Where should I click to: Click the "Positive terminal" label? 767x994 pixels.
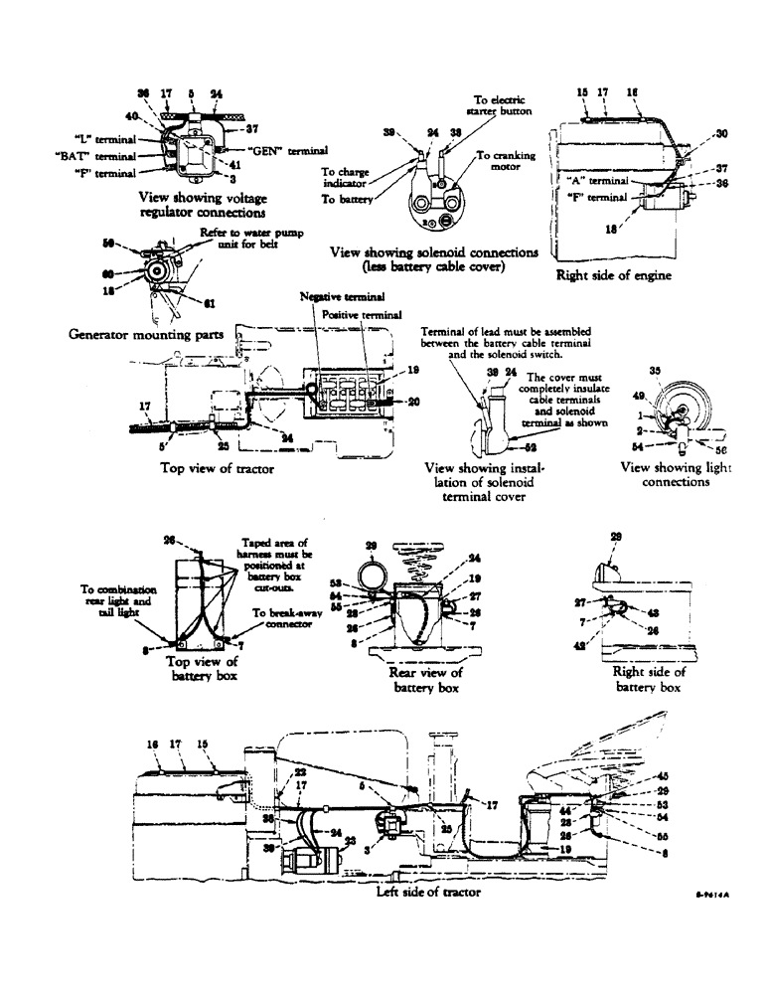(x=360, y=312)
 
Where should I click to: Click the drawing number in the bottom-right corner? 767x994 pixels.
(x=713, y=895)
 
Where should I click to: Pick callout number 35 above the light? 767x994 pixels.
(x=654, y=371)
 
